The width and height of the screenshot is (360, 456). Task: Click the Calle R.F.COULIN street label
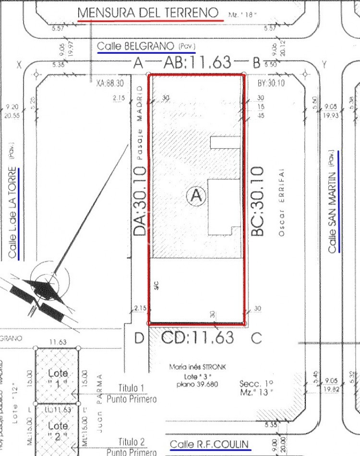coord(210,444)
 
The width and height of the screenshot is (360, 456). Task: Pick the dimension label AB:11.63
coord(197,62)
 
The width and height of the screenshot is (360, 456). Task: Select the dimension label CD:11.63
coord(197,337)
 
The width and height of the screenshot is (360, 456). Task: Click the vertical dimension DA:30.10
coord(140,200)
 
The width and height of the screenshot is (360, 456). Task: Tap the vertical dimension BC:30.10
coord(258,200)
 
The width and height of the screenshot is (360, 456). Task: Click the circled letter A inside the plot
coord(196,196)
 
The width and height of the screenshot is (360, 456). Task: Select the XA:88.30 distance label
coord(110,83)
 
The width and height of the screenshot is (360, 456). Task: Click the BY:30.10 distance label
coord(271,83)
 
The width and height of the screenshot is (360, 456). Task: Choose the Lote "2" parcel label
coord(58,430)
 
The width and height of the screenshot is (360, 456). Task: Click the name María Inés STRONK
coord(197,368)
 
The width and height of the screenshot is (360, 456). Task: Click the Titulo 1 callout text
coord(132,388)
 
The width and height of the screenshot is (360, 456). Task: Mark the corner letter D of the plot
coord(139,338)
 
